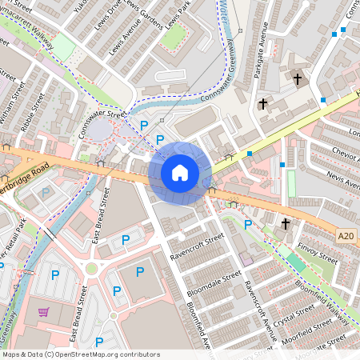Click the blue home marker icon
coord(180,173)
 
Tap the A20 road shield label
coord(346,236)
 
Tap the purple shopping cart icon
coord(43,312)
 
